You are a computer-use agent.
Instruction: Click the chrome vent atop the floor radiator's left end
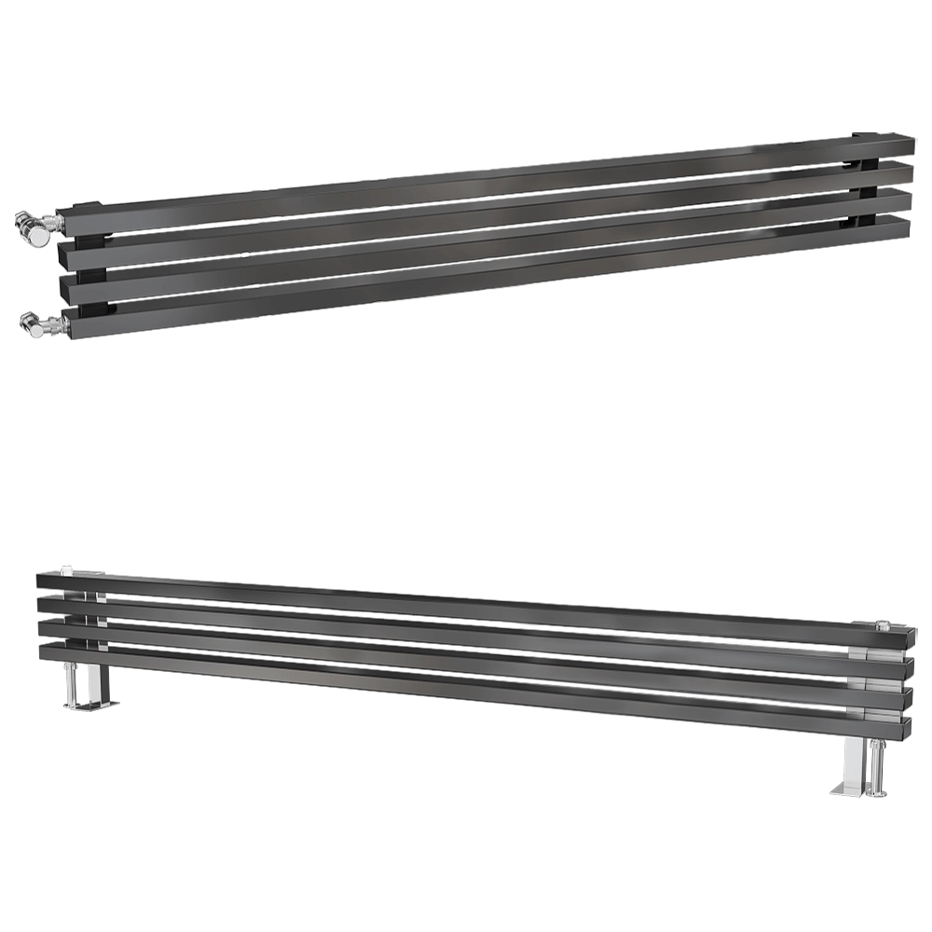[x=67, y=567]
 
